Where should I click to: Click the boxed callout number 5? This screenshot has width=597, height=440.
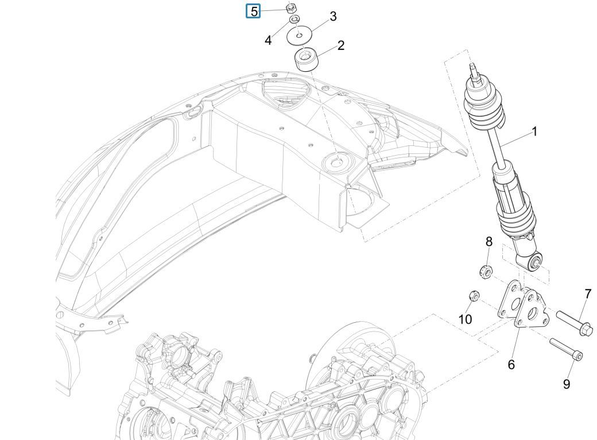pyautogui.click(x=254, y=11)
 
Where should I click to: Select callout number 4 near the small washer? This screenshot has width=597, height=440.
pyautogui.click(x=268, y=41)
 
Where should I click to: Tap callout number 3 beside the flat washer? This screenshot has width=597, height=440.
pyautogui.click(x=333, y=16)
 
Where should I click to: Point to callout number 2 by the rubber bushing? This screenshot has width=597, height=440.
pyautogui.click(x=340, y=45)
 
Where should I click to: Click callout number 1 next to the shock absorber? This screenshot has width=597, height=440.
pyautogui.click(x=534, y=132)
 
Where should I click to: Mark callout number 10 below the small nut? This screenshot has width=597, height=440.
pyautogui.click(x=465, y=318)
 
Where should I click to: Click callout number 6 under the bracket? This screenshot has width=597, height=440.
pyautogui.click(x=511, y=364)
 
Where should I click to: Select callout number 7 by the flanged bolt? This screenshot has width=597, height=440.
pyautogui.click(x=587, y=294)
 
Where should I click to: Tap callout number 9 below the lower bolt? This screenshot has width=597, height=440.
pyautogui.click(x=567, y=384)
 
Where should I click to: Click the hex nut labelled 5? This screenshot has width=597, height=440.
pyautogui.click(x=291, y=7)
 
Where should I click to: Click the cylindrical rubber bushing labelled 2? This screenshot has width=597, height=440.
pyautogui.click(x=307, y=59)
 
